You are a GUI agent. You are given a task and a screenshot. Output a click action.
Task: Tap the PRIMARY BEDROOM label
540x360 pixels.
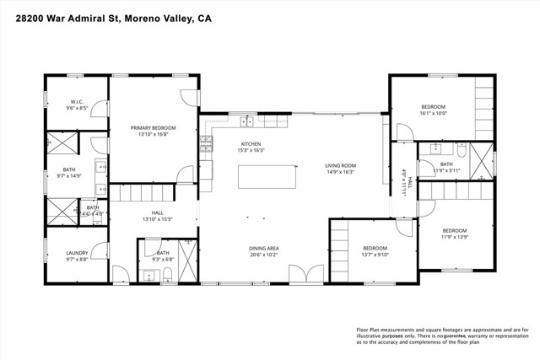click(x=153, y=128)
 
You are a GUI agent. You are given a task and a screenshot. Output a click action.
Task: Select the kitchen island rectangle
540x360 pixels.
click(x=269, y=178)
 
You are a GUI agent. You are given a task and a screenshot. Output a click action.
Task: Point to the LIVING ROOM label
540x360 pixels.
click(x=342, y=166)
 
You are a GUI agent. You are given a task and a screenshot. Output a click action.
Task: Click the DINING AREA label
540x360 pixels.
click(x=263, y=248)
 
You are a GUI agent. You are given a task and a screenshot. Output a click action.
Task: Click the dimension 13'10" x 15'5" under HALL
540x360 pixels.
click(x=158, y=219)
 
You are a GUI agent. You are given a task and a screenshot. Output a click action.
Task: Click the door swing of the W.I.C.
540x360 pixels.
click(x=98, y=108)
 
